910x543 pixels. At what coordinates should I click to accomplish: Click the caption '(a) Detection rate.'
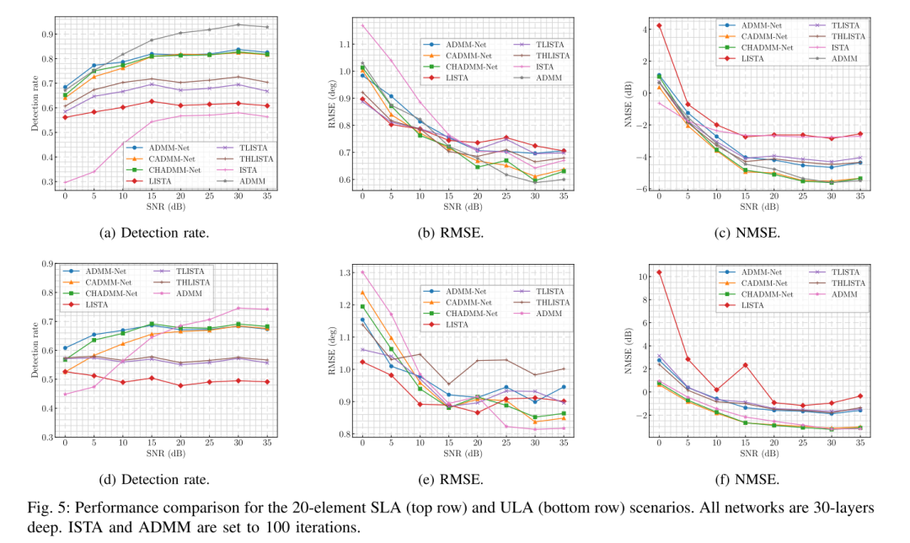(x=154, y=233)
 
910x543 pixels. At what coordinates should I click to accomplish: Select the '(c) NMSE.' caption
(x=747, y=233)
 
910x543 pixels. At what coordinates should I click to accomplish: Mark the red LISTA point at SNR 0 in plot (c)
(x=659, y=25)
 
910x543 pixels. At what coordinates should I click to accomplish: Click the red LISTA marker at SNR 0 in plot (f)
(x=659, y=272)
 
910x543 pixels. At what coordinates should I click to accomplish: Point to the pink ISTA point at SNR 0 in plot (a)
(x=65, y=182)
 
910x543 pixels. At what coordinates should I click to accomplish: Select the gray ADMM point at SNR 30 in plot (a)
(x=238, y=24)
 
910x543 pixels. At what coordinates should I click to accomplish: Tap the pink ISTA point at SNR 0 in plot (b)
(x=362, y=25)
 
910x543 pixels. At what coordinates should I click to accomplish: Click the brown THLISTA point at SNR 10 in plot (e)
(x=420, y=354)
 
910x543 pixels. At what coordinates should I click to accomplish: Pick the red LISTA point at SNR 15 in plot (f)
(x=745, y=365)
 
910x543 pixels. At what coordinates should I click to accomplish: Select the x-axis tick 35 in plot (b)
(x=563, y=196)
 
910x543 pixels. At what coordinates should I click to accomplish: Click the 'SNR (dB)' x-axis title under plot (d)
(x=166, y=453)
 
